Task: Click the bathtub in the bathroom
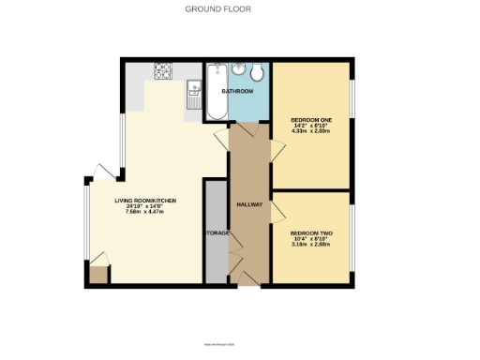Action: coord(215,92)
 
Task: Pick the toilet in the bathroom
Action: coord(258,73)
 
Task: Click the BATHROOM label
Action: coord(238,92)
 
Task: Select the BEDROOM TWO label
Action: coord(309,232)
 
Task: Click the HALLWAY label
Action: coord(248,204)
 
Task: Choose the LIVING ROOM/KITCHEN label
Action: coord(145,201)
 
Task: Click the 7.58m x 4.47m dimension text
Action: coord(145,212)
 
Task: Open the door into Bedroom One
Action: coord(277,147)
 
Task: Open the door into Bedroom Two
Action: coord(277,213)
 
